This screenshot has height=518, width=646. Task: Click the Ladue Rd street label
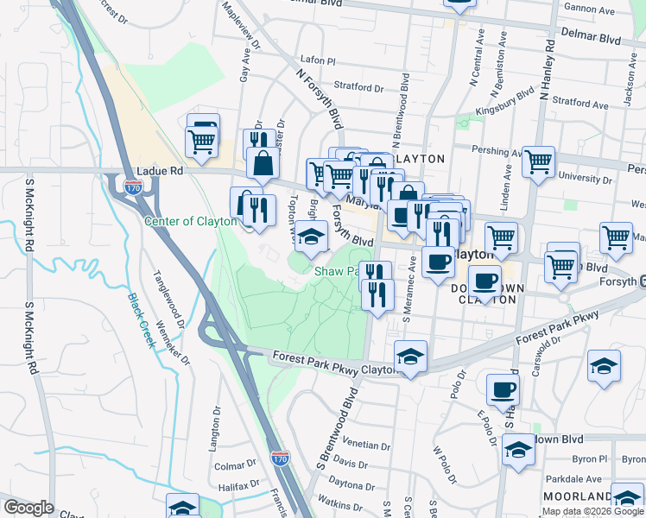click(x=160, y=172)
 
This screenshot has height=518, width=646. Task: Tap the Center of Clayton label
click(x=190, y=221)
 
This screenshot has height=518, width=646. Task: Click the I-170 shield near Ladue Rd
click(x=132, y=186)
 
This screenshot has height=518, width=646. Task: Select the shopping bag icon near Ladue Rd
click(x=263, y=161)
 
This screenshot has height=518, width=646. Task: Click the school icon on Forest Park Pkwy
click(x=410, y=356)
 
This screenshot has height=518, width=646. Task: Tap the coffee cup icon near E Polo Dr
click(x=502, y=389)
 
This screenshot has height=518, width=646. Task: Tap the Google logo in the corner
click(x=29, y=508)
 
